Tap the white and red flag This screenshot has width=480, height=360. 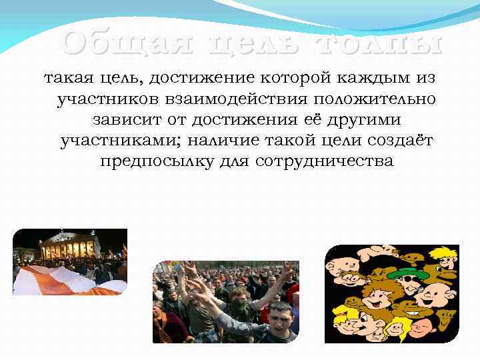click(53, 280)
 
